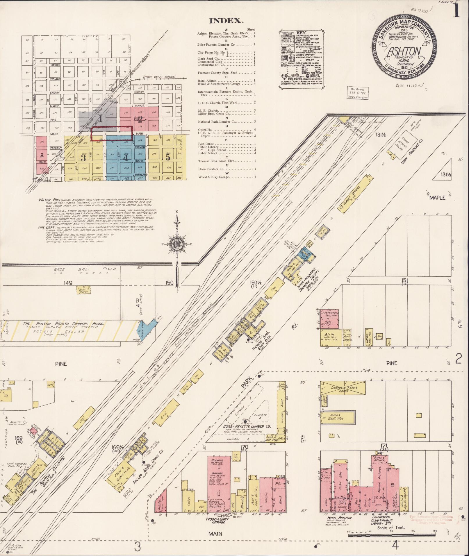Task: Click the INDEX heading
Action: [226, 21]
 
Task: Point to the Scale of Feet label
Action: [391, 528]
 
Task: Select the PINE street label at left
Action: [61, 364]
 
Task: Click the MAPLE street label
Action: [437, 198]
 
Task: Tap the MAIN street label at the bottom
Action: [215, 534]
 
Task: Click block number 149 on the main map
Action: [68, 283]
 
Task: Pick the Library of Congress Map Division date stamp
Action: [357, 93]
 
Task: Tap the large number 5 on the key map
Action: [168, 157]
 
